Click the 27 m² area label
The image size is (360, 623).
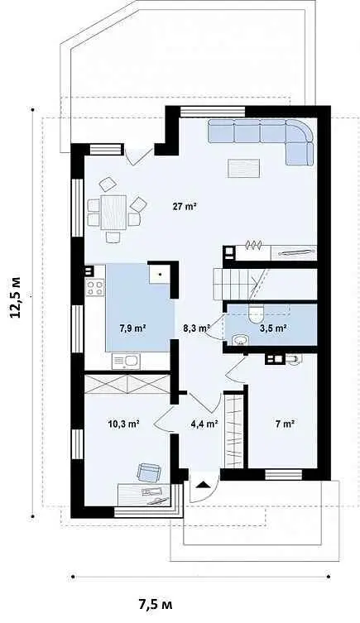click(185, 207)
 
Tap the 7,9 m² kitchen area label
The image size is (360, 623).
click(132, 328)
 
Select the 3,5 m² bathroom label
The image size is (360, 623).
click(273, 328)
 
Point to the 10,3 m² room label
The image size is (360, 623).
click(123, 424)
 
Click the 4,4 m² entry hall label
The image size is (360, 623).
click(204, 424)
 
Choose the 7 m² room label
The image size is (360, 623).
click(285, 424)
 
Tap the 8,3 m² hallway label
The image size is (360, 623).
click(196, 328)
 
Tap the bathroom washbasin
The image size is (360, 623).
click(240, 341)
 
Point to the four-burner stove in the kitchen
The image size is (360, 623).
click(95, 287)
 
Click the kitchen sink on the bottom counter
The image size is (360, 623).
click(126, 361)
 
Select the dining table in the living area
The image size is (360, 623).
click(113, 212)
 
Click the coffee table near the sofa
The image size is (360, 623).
click(243, 168)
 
